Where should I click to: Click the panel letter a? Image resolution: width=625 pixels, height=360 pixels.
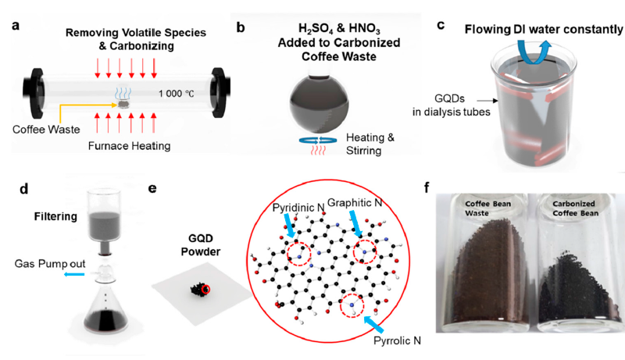[x=16, y=26]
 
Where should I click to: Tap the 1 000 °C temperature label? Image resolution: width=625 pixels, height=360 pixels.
[x=177, y=94]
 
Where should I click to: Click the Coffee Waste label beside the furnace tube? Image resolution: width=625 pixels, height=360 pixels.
[x=46, y=130]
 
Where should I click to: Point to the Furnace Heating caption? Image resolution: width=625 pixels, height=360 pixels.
[x=129, y=146]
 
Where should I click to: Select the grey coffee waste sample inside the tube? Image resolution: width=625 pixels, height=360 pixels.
[x=124, y=105]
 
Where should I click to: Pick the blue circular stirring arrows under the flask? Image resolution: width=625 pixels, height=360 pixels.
[x=318, y=141]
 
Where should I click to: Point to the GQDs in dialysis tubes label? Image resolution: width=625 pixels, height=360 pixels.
[x=452, y=105]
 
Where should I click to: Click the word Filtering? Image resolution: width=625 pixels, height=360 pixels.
[x=55, y=216]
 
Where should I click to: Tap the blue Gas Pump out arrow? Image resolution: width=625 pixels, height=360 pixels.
[x=74, y=274]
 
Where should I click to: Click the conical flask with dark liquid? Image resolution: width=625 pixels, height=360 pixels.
[x=105, y=307]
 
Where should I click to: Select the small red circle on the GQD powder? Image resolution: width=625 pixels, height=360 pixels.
[x=205, y=290]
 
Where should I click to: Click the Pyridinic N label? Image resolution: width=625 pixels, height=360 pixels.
[x=298, y=208]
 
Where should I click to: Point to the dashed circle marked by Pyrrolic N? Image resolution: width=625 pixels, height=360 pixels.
[x=352, y=305]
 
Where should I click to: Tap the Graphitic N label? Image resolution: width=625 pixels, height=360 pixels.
[x=355, y=203]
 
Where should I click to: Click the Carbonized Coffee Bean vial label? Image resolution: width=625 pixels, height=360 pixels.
[x=575, y=209]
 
